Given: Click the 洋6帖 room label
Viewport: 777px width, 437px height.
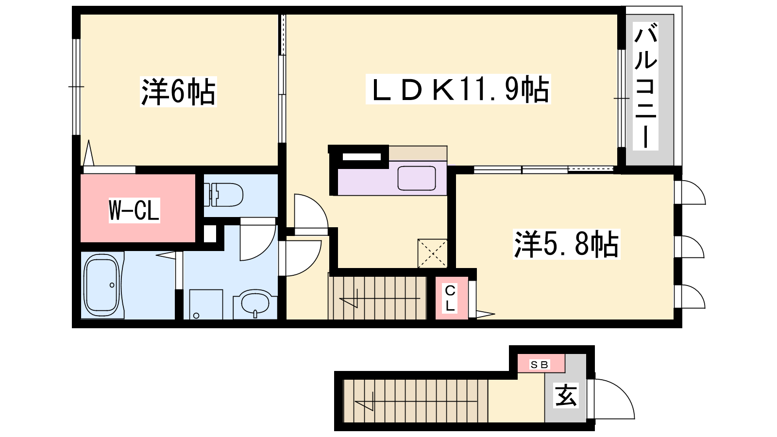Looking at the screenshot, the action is [178, 92].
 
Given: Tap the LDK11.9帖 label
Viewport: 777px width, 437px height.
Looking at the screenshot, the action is [458, 89].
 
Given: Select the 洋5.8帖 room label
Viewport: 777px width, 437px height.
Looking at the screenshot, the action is [566, 244].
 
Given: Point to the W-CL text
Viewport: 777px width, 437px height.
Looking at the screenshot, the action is [134, 210].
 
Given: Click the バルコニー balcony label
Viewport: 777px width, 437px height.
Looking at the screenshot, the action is [645, 86].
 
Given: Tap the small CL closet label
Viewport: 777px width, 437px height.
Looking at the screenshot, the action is [450, 298].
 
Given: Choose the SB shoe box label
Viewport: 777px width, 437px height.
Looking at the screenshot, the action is [540, 365].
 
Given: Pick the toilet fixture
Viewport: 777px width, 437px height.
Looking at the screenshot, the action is [223, 195].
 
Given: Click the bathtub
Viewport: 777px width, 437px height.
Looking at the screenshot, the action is [102, 285].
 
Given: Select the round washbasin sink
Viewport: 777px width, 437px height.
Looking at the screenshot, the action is [255, 303].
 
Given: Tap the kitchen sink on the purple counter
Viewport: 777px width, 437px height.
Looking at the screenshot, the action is [417, 178].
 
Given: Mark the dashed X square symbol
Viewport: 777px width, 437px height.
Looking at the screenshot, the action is [432, 253].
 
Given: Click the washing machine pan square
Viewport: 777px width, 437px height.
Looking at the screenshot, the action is [206, 304].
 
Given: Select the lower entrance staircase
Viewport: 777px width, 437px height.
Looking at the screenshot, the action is [416, 401].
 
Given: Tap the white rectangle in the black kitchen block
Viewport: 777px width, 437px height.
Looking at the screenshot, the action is [362, 157].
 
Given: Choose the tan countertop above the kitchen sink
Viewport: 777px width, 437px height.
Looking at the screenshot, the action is [418, 153].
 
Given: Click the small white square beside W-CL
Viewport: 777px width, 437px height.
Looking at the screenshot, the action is [209, 234].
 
